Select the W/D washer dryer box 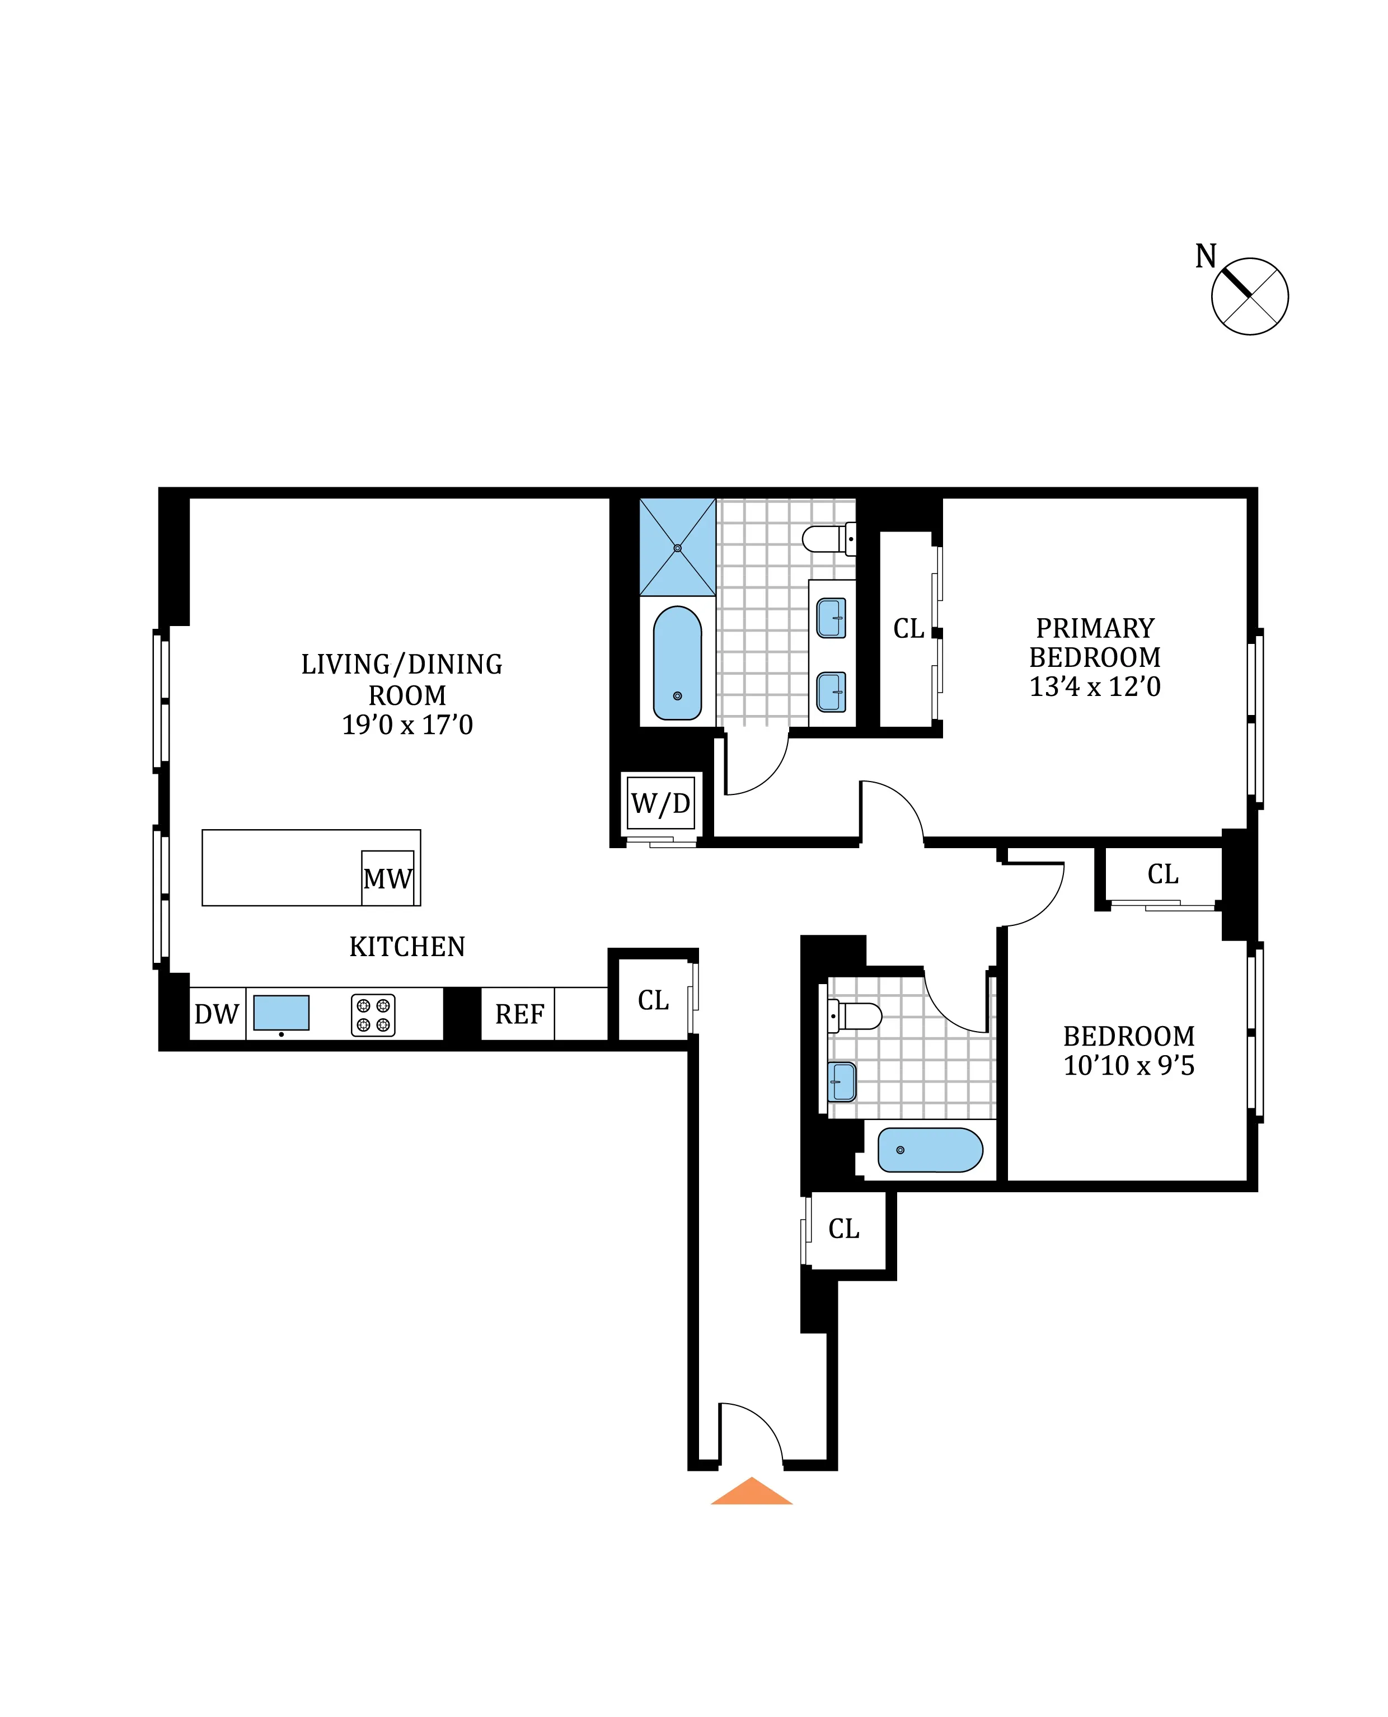click(x=660, y=803)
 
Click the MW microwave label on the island click(x=388, y=878)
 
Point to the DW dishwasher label click(x=217, y=1014)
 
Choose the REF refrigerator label click(x=520, y=1014)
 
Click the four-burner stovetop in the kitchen click(x=373, y=1015)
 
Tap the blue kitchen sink click(x=282, y=1013)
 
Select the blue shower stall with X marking click(x=677, y=548)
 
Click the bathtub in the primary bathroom click(x=677, y=662)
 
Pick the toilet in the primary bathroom click(x=828, y=539)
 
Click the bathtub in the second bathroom click(x=930, y=1150)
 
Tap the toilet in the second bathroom click(x=856, y=1016)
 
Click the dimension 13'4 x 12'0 click(x=1095, y=686)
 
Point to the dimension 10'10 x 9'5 click(x=1128, y=1066)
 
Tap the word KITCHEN click(x=407, y=947)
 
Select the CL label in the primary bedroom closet click(x=908, y=629)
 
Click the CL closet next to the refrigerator click(x=653, y=1000)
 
